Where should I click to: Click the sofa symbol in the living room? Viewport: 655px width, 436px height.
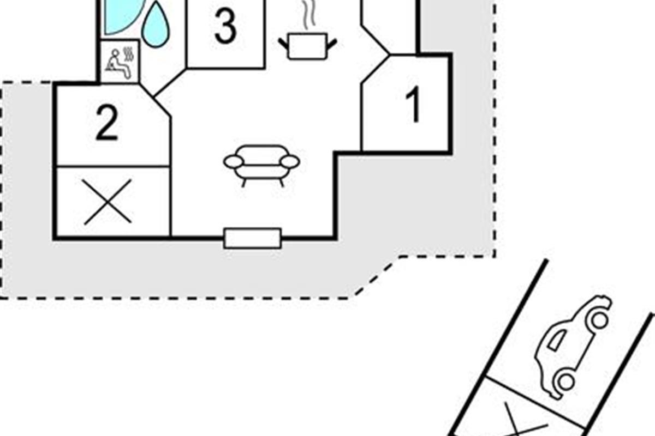tap(262, 163)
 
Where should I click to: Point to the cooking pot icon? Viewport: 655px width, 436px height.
tap(307, 46)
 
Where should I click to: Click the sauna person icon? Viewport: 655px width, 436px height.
tap(120, 62)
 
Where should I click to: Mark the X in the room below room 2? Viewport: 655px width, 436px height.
tap(108, 202)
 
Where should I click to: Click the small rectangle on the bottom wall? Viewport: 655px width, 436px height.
tap(253, 238)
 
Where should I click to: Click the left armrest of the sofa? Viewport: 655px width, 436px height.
tap(233, 161)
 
